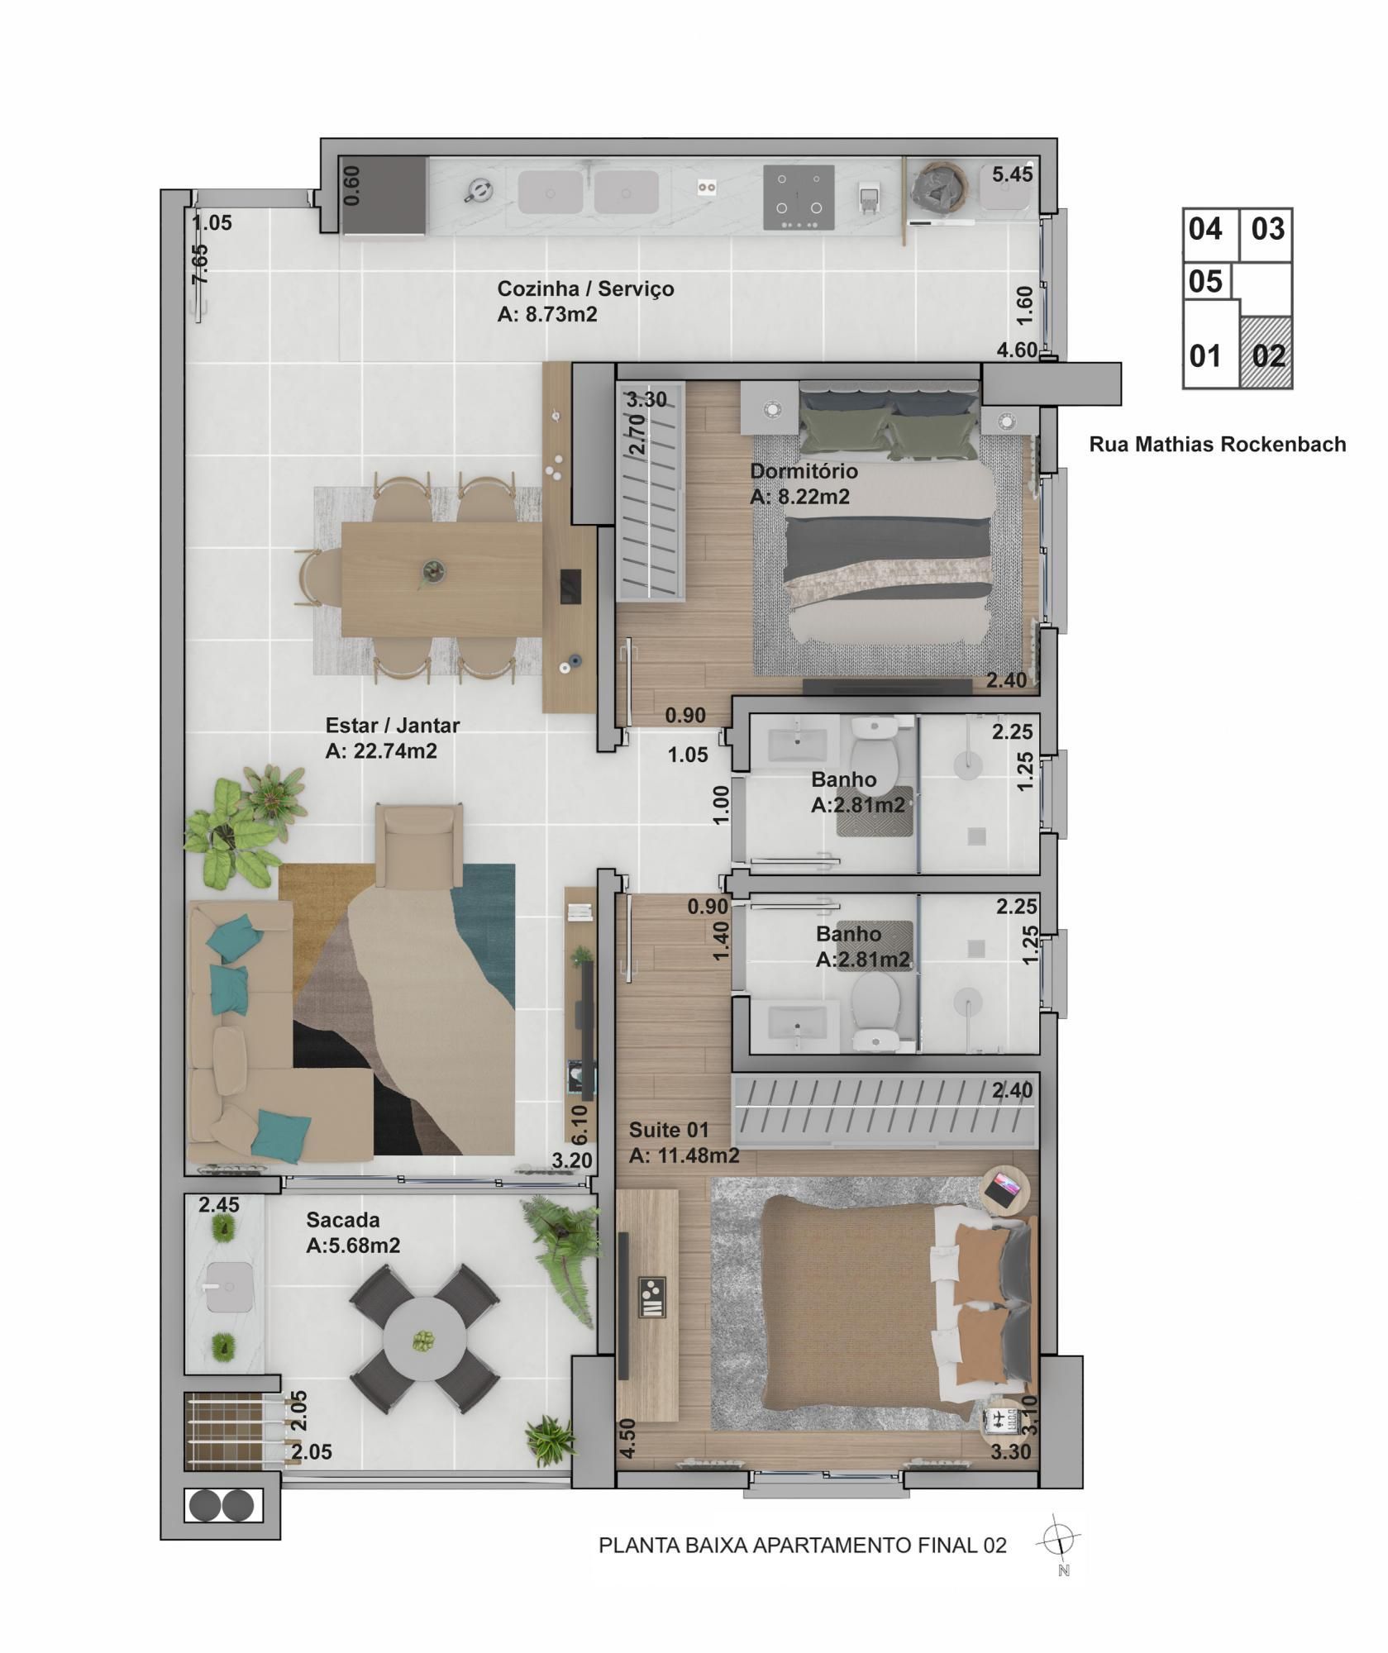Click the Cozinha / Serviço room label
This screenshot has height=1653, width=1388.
pyautogui.click(x=585, y=289)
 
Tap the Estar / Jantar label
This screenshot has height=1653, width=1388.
pyautogui.click(x=392, y=726)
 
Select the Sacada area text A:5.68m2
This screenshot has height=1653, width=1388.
pyautogui.click(x=353, y=1246)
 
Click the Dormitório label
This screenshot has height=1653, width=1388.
pyautogui.click(x=804, y=471)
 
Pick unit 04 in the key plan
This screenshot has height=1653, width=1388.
pyautogui.click(x=1205, y=229)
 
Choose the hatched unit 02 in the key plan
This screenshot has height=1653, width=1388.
pyautogui.click(x=1266, y=353)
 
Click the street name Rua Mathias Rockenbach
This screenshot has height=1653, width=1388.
pyautogui.click(x=1217, y=445)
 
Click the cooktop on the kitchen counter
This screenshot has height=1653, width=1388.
pyautogui.click(x=799, y=198)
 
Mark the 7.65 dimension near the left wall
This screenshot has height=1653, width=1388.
pyautogui.click(x=200, y=264)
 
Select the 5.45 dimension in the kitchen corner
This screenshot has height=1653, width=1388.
pyautogui.click(x=1013, y=174)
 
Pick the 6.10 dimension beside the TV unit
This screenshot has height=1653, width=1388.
pyautogui.click(x=580, y=1122)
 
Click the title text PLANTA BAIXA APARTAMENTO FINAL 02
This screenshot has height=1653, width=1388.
pyautogui.click(x=803, y=1545)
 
